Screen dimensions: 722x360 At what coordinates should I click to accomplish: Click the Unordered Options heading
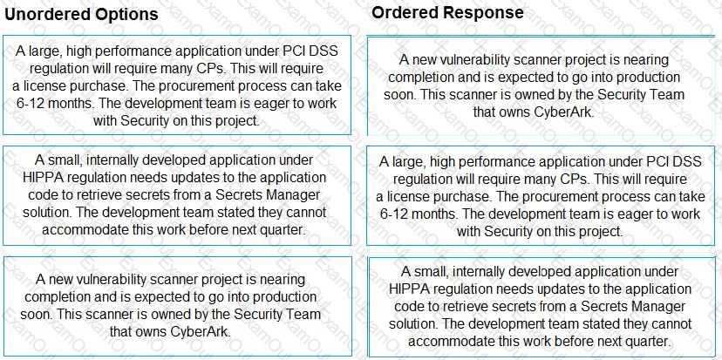click(81, 14)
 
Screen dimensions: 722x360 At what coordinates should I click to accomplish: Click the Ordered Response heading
click(447, 12)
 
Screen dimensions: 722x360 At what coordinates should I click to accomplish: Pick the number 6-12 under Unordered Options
click(31, 103)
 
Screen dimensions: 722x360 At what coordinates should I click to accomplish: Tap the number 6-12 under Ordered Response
click(396, 214)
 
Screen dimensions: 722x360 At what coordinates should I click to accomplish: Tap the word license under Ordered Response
click(407, 197)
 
